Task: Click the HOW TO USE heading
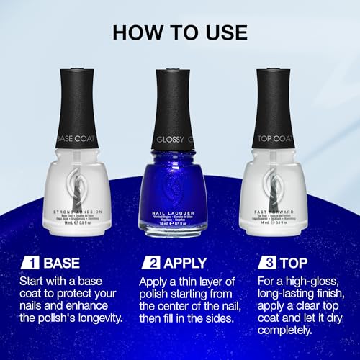(x=180, y=32)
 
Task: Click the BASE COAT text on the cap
(x=76, y=138)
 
